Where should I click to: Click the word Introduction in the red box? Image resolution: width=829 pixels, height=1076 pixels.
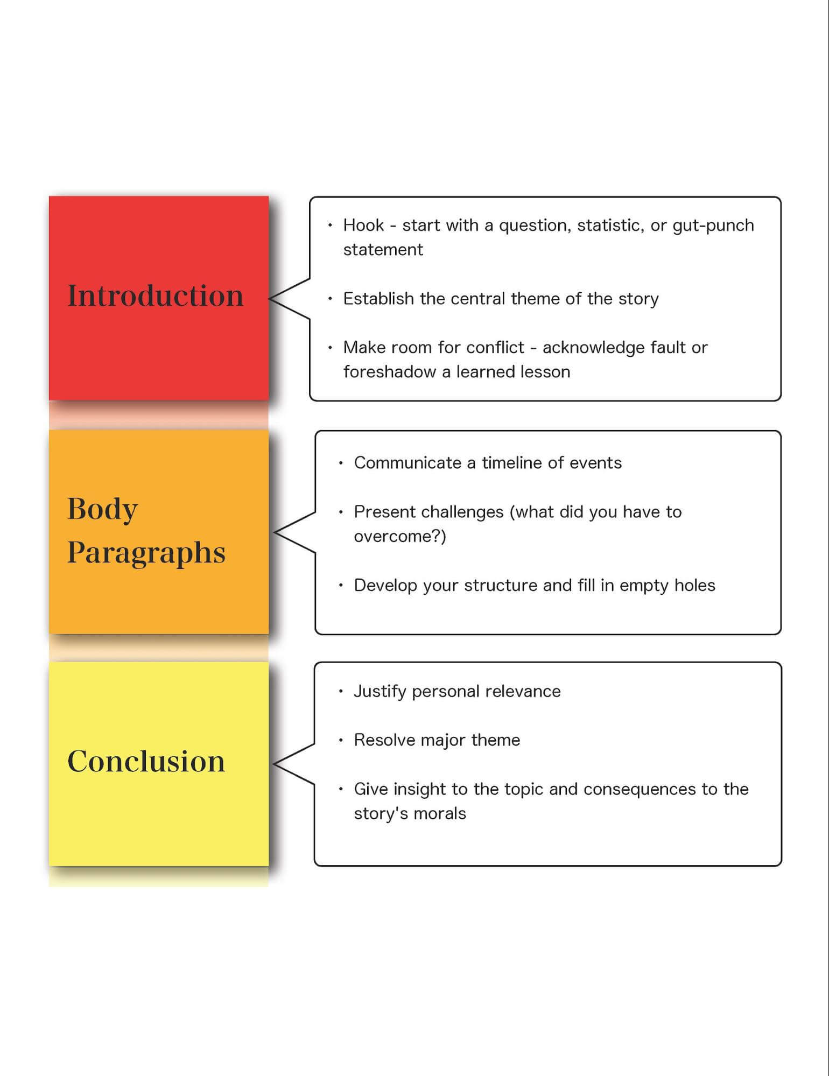(x=155, y=296)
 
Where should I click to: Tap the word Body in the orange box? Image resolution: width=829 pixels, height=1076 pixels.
(x=102, y=509)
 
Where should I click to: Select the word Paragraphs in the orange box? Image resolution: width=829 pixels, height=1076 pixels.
(x=146, y=553)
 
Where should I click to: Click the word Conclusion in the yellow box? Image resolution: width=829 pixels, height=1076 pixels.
(x=146, y=761)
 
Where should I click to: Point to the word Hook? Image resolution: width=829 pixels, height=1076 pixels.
(x=363, y=225)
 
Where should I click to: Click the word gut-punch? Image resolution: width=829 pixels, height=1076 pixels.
(x=713, y=226)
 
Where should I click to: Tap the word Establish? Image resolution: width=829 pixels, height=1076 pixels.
(x=379, y=298)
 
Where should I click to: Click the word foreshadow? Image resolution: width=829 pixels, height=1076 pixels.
(x=389, y=372)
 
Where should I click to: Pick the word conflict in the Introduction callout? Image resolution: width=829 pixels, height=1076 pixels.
(x=495, y=348)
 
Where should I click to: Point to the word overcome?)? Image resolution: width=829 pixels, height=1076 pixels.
(x=400, y=537)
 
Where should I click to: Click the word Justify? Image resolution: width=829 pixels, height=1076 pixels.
(x=380, y=692)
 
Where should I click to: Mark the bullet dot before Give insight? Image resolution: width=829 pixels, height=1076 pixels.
(x=341, y=789)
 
